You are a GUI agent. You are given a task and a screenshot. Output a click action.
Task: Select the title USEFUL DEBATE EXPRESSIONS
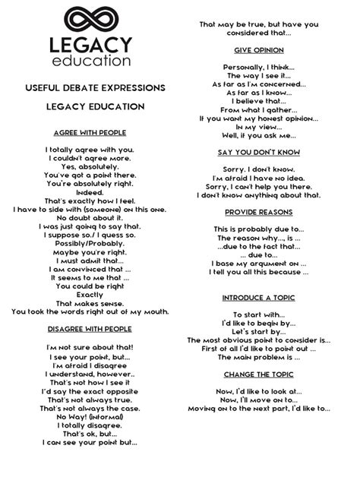coord(90,89)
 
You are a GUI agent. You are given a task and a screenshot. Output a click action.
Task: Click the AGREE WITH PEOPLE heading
coord(90,131)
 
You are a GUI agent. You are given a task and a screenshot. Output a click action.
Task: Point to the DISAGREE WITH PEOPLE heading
coord(90,329)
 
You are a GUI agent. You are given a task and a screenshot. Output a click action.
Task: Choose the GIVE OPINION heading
coord(259,50)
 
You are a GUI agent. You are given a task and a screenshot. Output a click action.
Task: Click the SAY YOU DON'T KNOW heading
coord(259,152)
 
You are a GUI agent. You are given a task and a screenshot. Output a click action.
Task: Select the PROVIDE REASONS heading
coord(259,212)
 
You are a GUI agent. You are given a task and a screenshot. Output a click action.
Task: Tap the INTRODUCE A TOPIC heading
coord(259,298)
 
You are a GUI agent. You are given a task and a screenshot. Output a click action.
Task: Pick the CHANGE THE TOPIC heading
coord(259,374)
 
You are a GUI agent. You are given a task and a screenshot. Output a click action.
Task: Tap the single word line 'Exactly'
coord(90,294)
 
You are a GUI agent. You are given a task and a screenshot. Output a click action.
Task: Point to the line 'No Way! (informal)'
coord(90,417)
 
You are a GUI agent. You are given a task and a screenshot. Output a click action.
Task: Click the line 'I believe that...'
coord(259,99)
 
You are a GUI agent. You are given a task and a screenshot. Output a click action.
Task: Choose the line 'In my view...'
coord(259,127)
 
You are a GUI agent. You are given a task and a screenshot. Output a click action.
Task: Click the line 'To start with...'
coord(259,314)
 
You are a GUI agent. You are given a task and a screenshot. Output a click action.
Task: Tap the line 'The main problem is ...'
coord(259,357)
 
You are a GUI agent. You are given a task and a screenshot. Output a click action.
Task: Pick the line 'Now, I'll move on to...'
coord(259,399)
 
